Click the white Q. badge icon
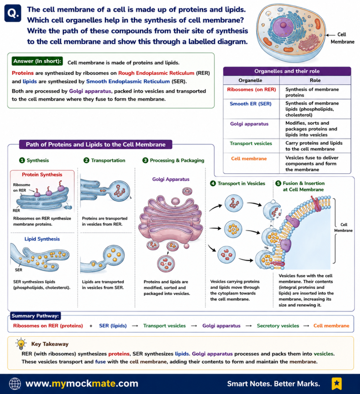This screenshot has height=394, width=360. point(13,13)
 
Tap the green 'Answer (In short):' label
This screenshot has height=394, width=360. point(37,61)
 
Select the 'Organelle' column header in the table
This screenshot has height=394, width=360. point(250,80)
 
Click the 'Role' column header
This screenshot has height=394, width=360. point(315,80)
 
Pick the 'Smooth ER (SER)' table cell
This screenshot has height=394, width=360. point(250,104)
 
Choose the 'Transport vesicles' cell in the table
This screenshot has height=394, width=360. point(251,144)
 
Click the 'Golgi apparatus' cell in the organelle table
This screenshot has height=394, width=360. point(249,124)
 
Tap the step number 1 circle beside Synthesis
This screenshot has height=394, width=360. point(22,160)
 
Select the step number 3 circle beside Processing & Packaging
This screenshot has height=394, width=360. point(145,160)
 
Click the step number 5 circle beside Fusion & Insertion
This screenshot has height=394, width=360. point(278,184)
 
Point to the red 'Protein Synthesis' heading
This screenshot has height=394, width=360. point(42,175)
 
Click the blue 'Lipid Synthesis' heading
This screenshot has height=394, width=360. point(42,239)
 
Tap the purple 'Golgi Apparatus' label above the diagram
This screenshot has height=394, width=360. point(171,179)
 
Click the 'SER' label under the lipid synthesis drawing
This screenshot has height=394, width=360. point(18,270)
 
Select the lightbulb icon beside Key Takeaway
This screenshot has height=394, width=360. point(21,344)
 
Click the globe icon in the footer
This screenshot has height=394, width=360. point(15,384)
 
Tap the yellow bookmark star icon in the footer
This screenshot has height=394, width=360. point(337,384)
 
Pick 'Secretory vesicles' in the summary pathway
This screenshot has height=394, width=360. point(278,326)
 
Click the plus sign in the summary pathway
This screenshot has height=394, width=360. point(91,326)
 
